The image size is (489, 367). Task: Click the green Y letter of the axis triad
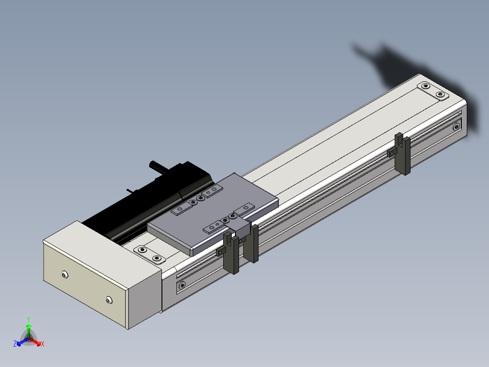[29, 320]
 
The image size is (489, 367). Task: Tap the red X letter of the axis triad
[43, 344]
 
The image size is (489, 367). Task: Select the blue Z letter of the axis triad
[15, 343]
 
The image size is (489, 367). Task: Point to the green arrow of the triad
[29, 331]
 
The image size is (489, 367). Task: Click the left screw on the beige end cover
[64, 275]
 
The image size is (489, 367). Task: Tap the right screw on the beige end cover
[109, 301]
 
